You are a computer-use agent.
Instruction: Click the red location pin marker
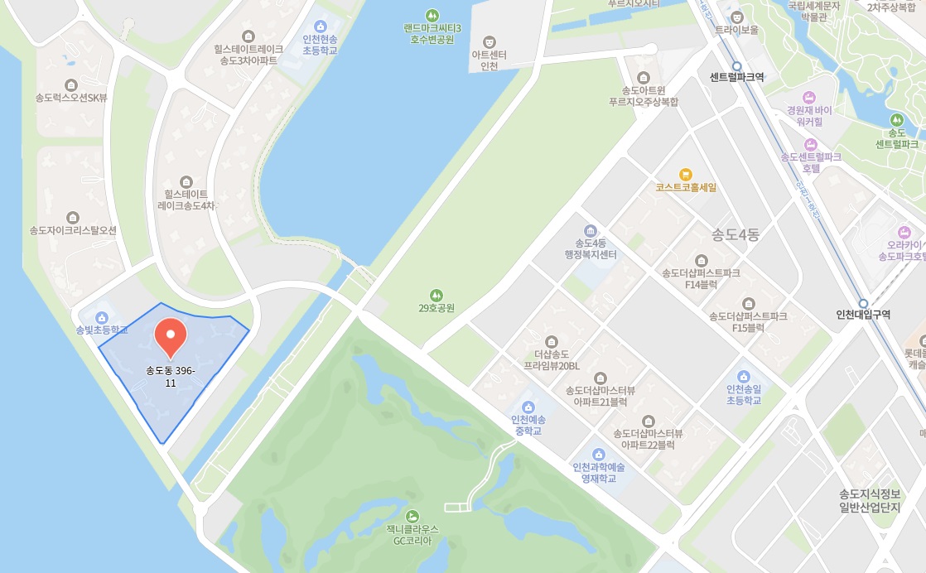(171, 335)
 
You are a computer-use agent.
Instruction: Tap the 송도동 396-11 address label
(171, 377)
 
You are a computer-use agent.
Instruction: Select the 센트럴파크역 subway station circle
(736, 66)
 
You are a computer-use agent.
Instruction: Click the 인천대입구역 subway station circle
(863, 304)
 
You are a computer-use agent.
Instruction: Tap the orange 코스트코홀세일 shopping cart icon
(685, 174)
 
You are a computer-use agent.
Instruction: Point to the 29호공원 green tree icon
(436, 295)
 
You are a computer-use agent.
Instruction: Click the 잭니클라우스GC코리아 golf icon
(412, 516)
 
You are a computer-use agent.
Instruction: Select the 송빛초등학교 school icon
(102, 317)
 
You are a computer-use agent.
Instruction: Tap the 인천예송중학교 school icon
(528, 407)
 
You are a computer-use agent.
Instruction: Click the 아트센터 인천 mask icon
(490, 41)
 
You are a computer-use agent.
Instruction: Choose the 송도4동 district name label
(735, 234)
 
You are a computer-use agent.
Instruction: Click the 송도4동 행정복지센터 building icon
(591, 230)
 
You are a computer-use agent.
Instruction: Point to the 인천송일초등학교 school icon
(743, 377)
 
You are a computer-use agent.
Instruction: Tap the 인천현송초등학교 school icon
(320, 26)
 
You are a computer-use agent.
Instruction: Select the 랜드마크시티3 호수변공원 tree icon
(432, 15)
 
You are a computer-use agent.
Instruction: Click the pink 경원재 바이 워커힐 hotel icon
(809, 97)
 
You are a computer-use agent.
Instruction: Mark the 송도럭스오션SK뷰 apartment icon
(71, 84)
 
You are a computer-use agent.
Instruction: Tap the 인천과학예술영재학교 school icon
(599, 454)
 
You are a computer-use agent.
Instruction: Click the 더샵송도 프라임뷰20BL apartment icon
(552, 340)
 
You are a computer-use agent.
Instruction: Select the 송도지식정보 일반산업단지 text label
(869, 500)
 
